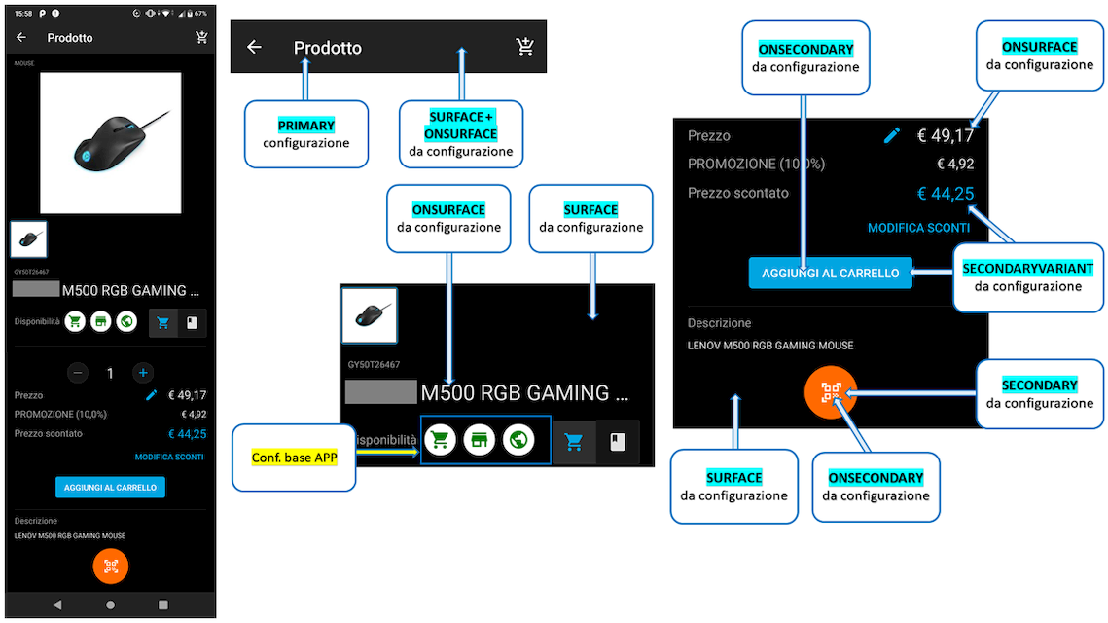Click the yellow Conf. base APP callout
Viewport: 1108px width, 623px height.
292,458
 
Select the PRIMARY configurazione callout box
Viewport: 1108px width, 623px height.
305,134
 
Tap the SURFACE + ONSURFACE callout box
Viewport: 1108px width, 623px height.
462,134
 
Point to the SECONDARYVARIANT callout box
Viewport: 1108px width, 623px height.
1027,276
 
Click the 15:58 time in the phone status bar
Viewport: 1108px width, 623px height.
24,14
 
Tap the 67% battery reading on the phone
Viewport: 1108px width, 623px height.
200,14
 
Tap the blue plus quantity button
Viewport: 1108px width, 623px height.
143,373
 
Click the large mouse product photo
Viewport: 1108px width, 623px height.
110,143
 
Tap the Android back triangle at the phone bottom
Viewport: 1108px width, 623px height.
56,605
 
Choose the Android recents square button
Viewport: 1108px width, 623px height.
163,605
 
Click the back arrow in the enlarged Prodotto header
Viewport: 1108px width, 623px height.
254,47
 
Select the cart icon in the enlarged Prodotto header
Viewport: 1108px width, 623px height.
525,47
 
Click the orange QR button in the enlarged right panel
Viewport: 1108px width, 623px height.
831,392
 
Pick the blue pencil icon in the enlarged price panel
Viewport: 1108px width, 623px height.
892,136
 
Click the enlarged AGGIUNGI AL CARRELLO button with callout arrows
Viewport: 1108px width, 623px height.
830,274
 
